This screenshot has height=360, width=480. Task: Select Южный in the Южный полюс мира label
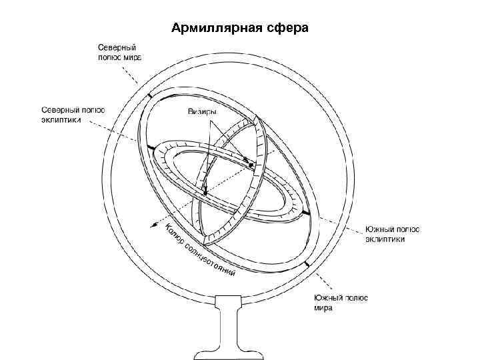[327, 299]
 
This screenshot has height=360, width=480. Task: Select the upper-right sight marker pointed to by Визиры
[247, 160]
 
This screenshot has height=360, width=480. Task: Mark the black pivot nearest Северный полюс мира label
[151, 96]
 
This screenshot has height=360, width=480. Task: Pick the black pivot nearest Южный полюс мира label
[307, 265]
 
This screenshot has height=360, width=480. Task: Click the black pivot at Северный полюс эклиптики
[151, 147]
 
